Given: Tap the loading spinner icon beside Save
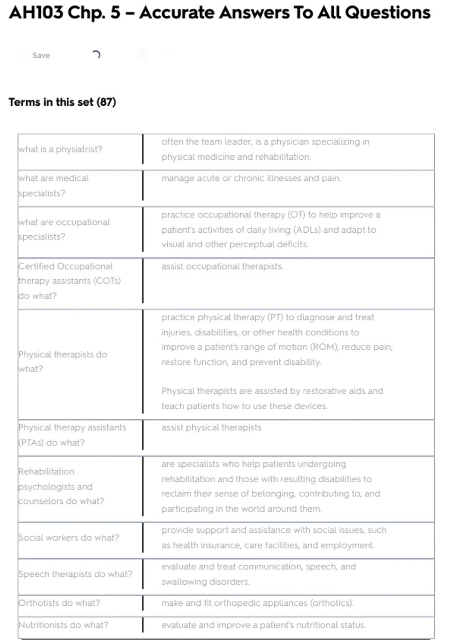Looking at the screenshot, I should pyautogui.click(x=96, y=55).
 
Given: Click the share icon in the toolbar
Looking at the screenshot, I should pyautogui.click(x=142, y=55).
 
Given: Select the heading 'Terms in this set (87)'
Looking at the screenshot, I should pyautogui.click(x=62, y=102).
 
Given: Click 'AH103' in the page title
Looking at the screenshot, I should pyautogui.click(x=36, y=13).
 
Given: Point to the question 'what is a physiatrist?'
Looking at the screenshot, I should pyautogui.click(x=60, y=149).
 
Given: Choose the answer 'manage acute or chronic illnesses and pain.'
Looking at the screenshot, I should pyautogui.click(x=251, y=178).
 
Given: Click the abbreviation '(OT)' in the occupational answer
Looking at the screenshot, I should pyautogui.click(x=296, y=215).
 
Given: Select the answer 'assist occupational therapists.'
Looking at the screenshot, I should pyautogui.click(x=222, y=266).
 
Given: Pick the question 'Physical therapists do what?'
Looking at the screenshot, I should pyautogui.click(x=63, y=361).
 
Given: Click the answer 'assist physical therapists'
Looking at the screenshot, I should pyautogui.click(x=211, y=427).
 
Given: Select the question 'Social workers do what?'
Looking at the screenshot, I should pyautogui.click(x=69, y=538).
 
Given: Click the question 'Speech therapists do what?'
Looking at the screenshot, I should pyautogui.click(x=75, y=574).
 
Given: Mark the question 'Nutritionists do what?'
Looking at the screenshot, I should pyautogui.click(x=63, y=625).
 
